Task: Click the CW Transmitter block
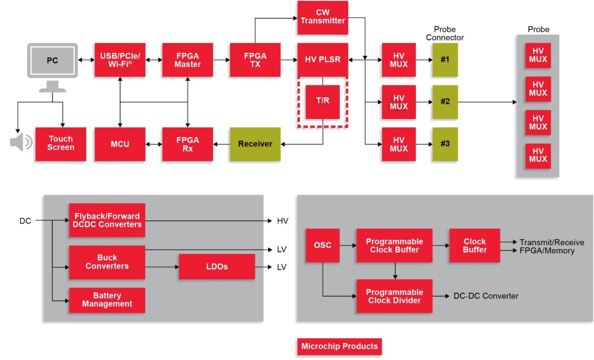pyautogui.click(x=323, y=17)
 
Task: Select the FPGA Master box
pyautogui.click(x=187, y=60)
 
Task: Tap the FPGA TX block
pyautogui.click(x=255, y=60)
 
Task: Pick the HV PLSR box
pyautogui.click(x=323, y=60)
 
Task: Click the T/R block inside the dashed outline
pyautogui.click(x=323, y=102)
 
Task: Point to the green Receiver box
pyautogui.click(x=255, y=144)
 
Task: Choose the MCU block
pyautogui.click(x=120, y=144)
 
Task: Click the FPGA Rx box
pyautogui.click(x=187, y=144)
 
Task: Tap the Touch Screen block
pyautogui.click(x=61, y=144)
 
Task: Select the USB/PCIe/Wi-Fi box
pyautogui.click(x=120, y=60)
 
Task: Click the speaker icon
pyautogui.click(x=21, y=142)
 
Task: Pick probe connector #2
pyautogui.click(x=445, y=102)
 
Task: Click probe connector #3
pyautogui.click(x=445, y=144)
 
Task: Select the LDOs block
pyautogui.click(x=217, y=267)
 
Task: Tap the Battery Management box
pyautogui.click(x=107, y=300)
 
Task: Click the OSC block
pyautogui.click(x=323, y=245)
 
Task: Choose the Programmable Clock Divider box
pyautogui.click(x=394, y=296)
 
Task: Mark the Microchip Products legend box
pyautogui.click(x=339, y=346)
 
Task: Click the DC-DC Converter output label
pyautogui.click(x=485, y=296)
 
